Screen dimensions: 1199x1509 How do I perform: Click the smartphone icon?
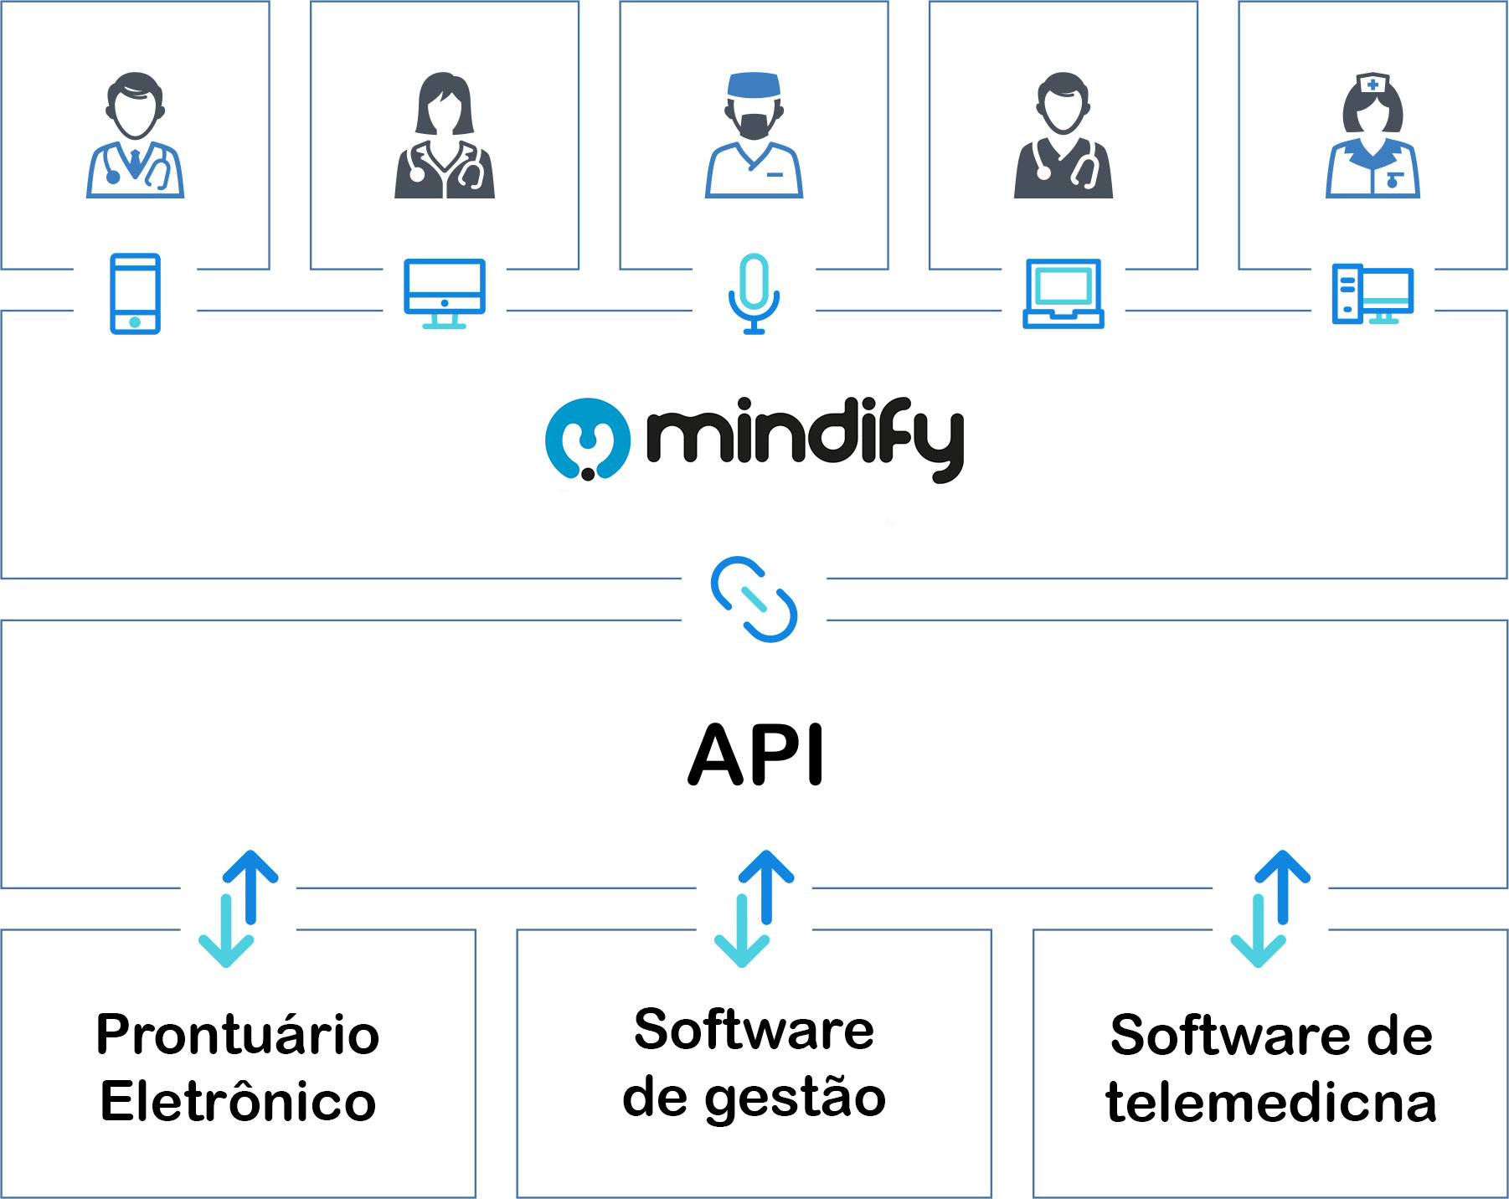[135, 294]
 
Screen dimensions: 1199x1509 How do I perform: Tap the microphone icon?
[754, 293]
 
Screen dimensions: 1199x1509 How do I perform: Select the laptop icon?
[1063, 294]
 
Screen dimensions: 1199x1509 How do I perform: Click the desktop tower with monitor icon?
[1372, 294]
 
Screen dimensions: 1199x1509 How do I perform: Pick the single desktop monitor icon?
[444, 293]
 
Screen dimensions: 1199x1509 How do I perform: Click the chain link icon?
[754, 599]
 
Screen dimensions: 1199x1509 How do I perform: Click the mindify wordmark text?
[805, 440]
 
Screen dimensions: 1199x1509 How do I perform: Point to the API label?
[755, 755]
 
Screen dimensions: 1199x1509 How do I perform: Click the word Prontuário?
[238, 1034]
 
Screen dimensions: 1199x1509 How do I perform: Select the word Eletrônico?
[238, 1101]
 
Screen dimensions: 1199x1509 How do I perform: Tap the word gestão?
[795, 1099]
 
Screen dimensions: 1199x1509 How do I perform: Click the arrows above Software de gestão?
[754, 908]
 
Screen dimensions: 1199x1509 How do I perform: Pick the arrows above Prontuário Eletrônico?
[238, 908]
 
